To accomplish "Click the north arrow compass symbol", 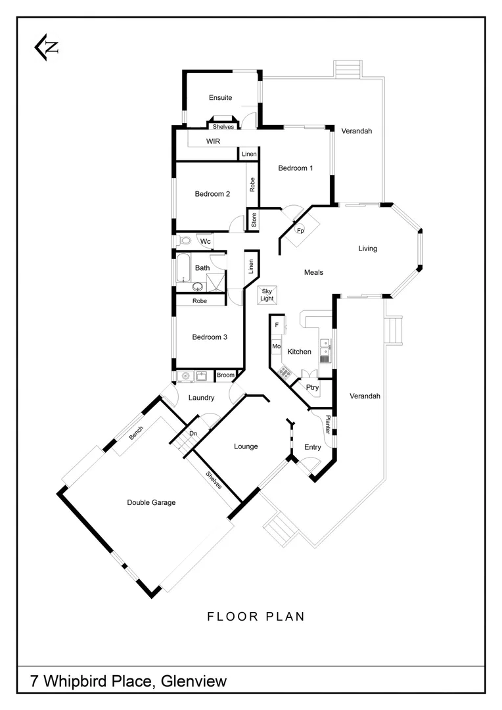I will [x=47, y=48].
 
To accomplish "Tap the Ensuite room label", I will [x=220, y=98].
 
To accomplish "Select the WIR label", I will [x=213, y=141].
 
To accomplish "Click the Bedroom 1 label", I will [x=295, y=168].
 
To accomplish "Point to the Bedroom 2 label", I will [x=212, y=194].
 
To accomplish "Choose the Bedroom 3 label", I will [x=210, y=337].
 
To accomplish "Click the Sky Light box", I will [x=267, y=295].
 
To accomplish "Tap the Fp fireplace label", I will [x=300, y=231].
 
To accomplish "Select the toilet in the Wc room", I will [x=184, y=241].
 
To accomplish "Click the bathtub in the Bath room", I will [x=183, y=268].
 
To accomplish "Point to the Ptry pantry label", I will [x=312, y=388].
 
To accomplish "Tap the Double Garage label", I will [x=151, y=502].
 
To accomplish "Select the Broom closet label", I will [x=225, y=375].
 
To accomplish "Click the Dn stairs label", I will [x=193, y=434].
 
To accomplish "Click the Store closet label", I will [x=254, y=220].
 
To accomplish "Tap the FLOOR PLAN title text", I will [x=256, y=617].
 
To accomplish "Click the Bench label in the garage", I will [x=136, y=433].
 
